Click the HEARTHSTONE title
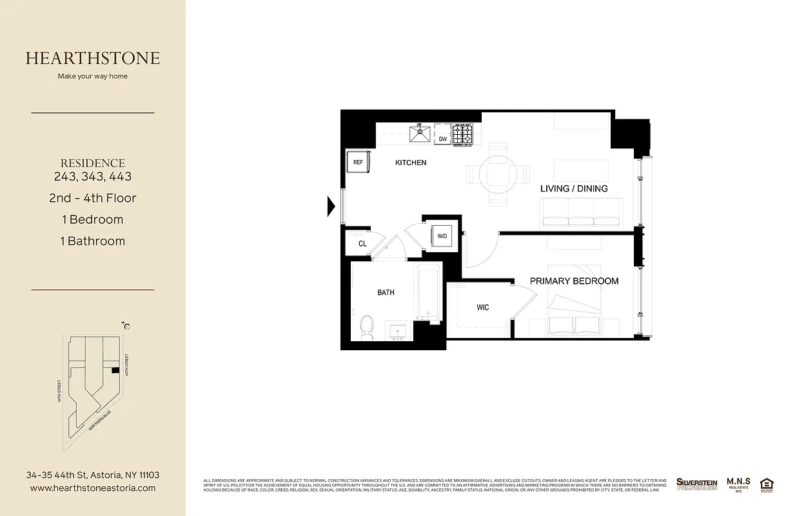(93, 58)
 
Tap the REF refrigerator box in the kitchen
(358, 163)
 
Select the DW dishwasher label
(442, 139)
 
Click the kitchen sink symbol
(421, 134)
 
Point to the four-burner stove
(462, 134)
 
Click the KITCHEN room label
(411, 163)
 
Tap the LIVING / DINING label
(574, 188)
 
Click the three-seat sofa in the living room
(581, 212)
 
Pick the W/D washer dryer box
(442, 236)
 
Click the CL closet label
(362, 244)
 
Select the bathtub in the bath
(428, 292)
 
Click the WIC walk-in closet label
(483, 307)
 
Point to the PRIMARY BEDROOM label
(574, 281)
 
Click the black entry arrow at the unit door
(331, 206)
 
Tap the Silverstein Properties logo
(696, 484)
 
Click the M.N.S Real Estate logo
(738, 484)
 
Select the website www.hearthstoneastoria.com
(93, 488)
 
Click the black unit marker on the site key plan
(115, 370)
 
